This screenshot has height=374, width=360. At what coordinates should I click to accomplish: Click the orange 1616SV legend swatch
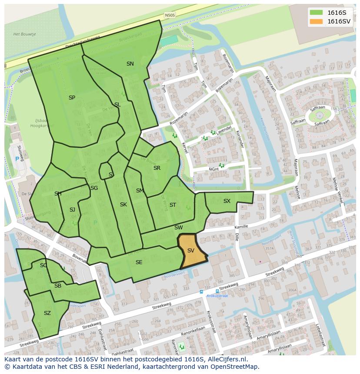point(317,21)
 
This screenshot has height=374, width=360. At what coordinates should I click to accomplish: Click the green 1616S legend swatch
point(317,13)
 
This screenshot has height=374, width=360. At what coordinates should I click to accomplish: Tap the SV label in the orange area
point(191,251)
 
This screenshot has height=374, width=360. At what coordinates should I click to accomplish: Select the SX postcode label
point(227,201)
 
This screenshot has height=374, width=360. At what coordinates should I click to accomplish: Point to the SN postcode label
point(130,64)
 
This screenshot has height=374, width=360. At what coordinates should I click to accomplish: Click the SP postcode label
point(72,98)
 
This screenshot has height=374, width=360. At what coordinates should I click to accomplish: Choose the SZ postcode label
point(47,313)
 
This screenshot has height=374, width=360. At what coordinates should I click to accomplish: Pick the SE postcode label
point(139,262)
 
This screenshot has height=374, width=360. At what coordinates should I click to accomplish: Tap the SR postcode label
point(157,168)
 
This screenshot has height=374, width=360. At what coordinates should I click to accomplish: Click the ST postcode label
point(173,205)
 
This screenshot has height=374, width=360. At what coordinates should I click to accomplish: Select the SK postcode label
point(123,205)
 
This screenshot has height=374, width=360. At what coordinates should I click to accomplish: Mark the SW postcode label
point(179,228)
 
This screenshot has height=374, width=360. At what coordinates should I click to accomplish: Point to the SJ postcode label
point(72,210)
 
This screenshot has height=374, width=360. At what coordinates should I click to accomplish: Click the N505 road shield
point(170,15)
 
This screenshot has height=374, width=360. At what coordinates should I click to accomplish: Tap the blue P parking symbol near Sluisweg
point(17,159)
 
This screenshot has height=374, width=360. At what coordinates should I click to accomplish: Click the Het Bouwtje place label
point(24,34)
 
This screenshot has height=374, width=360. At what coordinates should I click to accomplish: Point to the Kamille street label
point(241,227)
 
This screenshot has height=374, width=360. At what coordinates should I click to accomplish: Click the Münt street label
point(213,169)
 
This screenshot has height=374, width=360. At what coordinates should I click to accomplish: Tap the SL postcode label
point(117,105)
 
